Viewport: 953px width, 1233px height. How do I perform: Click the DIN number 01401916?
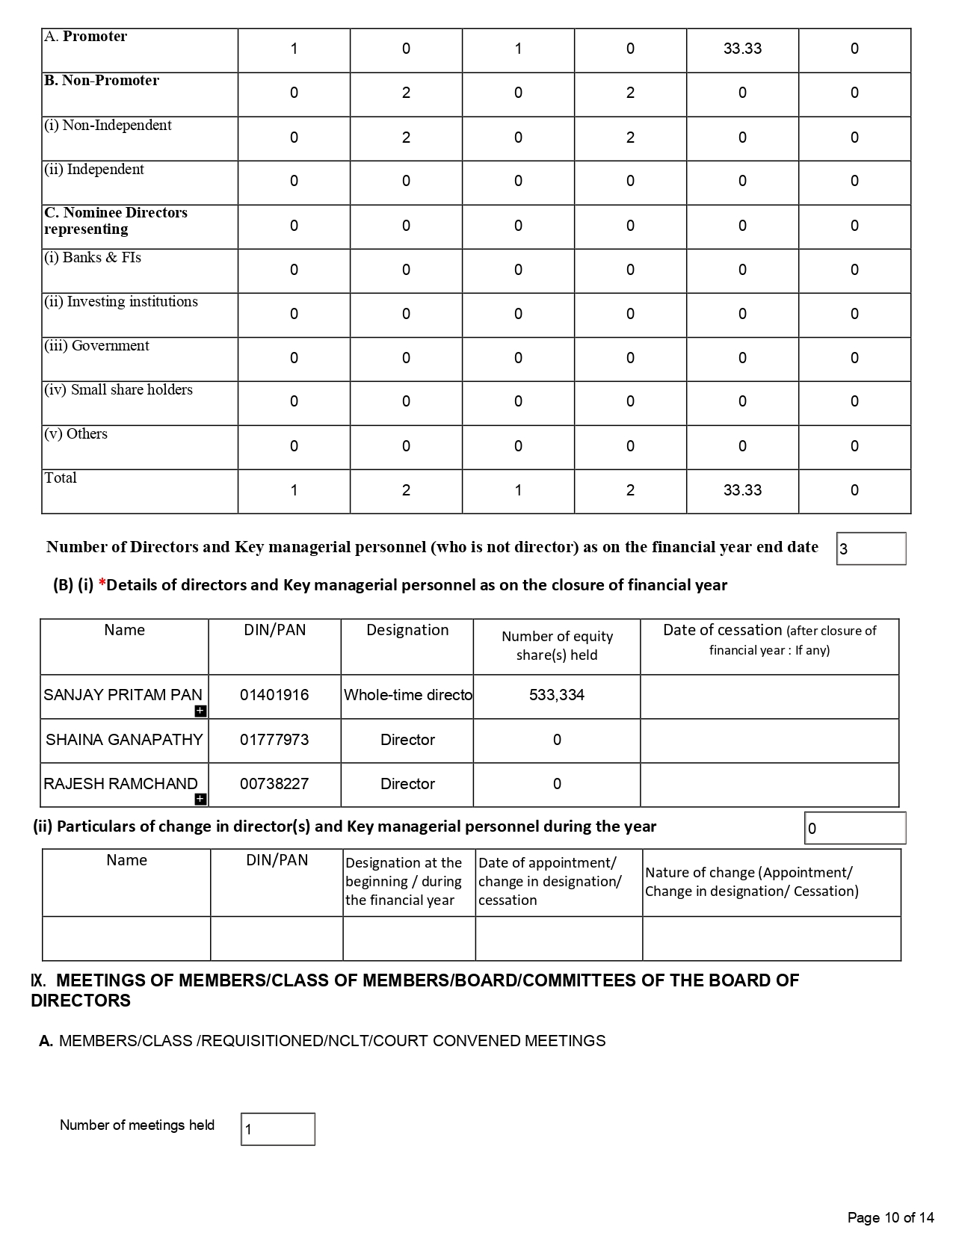click(x=274, y=695)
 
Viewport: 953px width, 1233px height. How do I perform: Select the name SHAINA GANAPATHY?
click(x=124, y=740)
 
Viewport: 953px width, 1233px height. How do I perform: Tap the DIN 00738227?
click(x=274, y=784)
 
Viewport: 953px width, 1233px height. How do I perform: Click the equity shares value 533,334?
click(x=557, y=695)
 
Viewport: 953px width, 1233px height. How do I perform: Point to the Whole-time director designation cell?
click(x=407, y=695)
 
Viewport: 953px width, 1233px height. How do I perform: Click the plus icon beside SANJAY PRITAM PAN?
click(x=200, y=711)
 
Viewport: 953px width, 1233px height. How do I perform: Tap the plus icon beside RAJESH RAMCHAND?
click(x=200, y=800)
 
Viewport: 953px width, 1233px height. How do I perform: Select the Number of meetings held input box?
click(x=277, y=1129)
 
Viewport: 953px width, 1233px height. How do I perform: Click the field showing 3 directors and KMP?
click(x=871, y=548)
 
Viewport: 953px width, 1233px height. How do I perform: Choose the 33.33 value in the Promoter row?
click(x=742, y=49)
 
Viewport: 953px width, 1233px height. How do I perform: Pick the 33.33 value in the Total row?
click(x=742, y=490)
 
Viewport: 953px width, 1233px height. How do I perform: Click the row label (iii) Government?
click(x=96, y=346)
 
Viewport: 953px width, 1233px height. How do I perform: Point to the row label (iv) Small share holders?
click(x=118, y=390)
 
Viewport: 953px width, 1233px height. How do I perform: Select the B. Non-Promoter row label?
click(x=102, y=81)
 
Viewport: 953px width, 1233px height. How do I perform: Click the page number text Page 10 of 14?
click(x=890, y=1218)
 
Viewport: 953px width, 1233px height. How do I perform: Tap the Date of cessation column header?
click(x=769, y=640)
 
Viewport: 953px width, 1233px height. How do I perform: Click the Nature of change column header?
click(x=751, y=882)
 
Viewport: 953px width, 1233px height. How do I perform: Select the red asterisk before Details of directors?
click(x=102, y=584)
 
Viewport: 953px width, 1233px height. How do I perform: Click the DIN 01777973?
click(x=274, y=740)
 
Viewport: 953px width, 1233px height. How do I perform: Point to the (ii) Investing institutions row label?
click(x=121, y=302)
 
